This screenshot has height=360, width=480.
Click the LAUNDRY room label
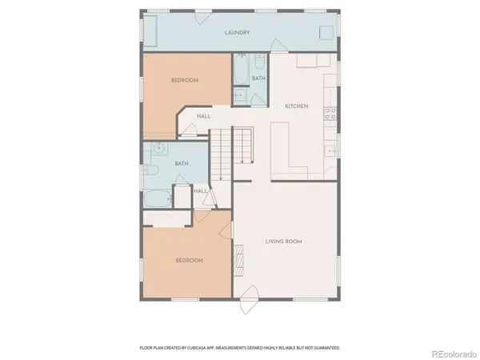(x=238, y=33)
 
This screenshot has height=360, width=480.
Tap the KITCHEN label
(x=298, y=106)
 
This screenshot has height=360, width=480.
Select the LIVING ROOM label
(x=283, y=240)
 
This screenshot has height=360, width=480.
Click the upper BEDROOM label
(x=185, y=81)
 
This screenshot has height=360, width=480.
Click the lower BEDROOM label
(x=189, y=261)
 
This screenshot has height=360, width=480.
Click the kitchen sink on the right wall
(x=330, y=150)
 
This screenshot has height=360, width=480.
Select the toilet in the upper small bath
(x=239, y=96)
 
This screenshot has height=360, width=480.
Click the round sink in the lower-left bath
(x=159, y=148)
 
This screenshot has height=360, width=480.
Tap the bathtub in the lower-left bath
(x=157, y=198)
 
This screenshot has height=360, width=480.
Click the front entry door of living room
(x=250, y=304)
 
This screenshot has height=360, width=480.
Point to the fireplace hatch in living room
(x=237, y=259)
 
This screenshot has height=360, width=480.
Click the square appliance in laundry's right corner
(x=326, y=32)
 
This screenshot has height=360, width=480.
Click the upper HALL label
(x=204, y=117)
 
